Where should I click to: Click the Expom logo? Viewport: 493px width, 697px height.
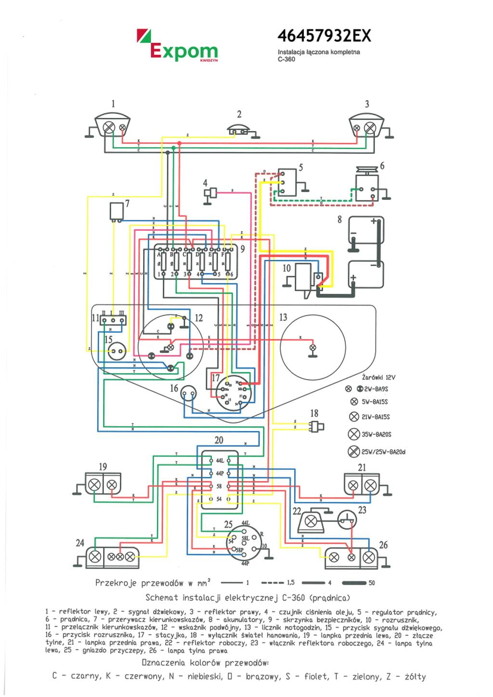[x=177, y=46]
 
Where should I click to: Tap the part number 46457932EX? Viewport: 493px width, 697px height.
[x=324, y=36]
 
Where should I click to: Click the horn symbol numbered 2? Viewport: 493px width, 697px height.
[x=239, y=130]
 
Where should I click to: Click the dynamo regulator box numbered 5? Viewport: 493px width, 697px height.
[x=287, y=182]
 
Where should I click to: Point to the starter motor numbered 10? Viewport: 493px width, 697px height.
[x=304, y=278]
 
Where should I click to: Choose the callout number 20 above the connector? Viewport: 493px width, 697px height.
[x=219, y=440]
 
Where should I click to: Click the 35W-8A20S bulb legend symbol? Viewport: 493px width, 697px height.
[x=354, y=434]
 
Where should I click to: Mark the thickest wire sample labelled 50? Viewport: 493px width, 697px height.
[x=354, y=583]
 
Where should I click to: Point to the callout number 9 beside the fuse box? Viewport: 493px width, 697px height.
[x=243, y=249]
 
